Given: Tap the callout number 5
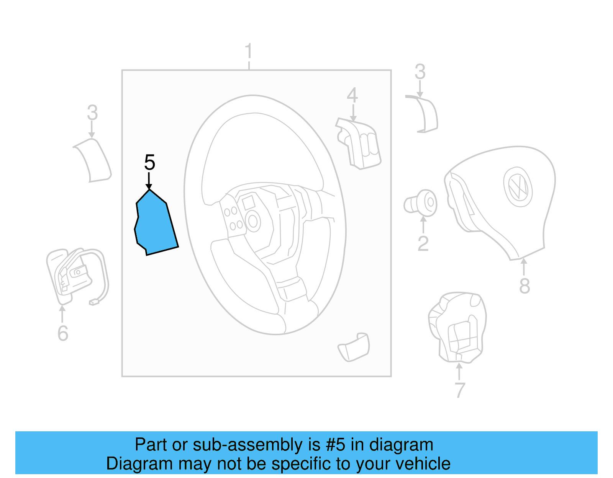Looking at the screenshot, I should tap(149, 163).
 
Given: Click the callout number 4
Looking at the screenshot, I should tap(352, 95).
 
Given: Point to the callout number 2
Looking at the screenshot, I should tap(423, 243).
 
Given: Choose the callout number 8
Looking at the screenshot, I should tap(524, 286).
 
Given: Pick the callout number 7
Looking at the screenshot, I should tap(460, 390).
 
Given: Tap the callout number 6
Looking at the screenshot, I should tap(63, 333).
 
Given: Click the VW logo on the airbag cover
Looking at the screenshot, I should tap(518, 187).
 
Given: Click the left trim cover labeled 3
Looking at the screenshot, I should tap(93, 160).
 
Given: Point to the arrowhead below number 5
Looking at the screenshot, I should tap(149, 186).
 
